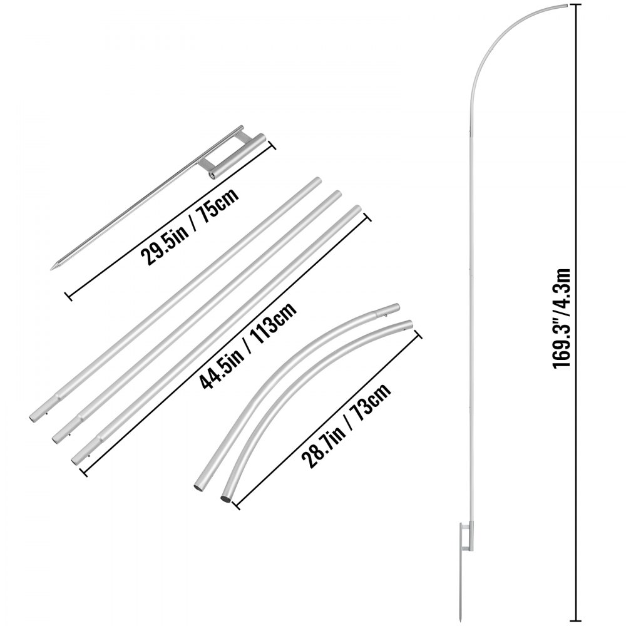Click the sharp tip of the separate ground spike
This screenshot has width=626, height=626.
(x=69, y=269)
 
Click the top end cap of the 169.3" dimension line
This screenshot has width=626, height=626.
(x=576, y=5)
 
